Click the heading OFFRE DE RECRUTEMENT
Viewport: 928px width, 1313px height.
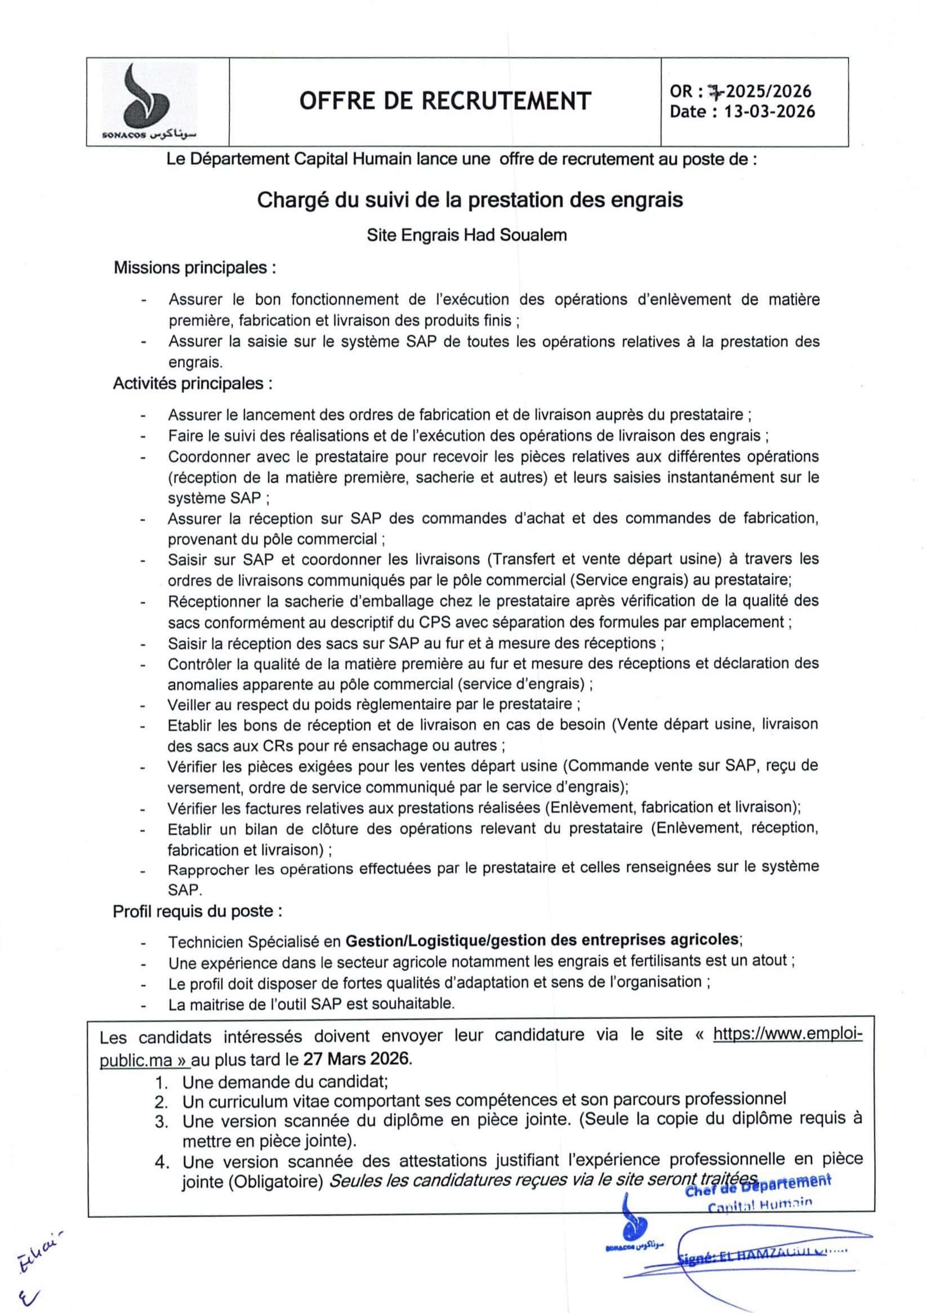[x=444, y=101]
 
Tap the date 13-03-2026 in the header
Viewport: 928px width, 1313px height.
[x=769, y=111]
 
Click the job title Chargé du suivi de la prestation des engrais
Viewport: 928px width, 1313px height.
[x=470, y=200]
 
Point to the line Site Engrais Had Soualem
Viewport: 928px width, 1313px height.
[x=467, y=235]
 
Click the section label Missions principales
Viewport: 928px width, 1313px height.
[x=195, y=268]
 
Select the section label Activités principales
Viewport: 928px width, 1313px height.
[x=192, y=383]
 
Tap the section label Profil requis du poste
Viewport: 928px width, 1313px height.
[x=197, y=911]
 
